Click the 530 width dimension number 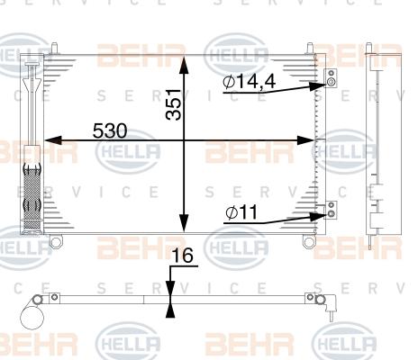coord(110,130)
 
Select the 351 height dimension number coord(174,104)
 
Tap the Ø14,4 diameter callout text coord(250,82)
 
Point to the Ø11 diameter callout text coord(241,212)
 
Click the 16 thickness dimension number coord(184,256)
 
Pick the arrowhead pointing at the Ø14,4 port coord(318,86)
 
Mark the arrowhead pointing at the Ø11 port coord(318,216)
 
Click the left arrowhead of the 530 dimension coord(53,140)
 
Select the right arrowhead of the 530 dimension coord(305,140)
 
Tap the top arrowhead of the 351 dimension coord(184,64)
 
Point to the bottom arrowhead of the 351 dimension coord(184,223)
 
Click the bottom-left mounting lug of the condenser coord(56,241)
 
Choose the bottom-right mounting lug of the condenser coord(309,241)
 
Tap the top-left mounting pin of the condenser coord(54,49)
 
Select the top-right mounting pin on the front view coord(311,49)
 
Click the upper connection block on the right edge coord(331,78)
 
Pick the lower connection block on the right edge coord(331,210)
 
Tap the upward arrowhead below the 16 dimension coord(170,309)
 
